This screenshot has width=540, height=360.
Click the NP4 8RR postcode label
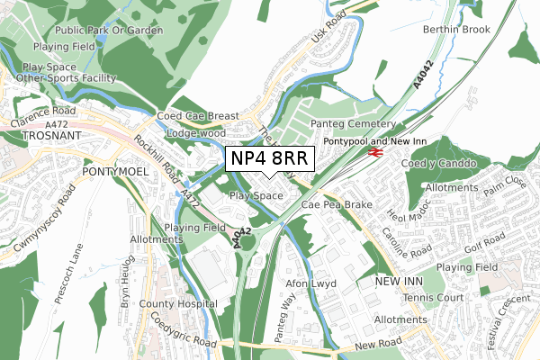pos(269,157)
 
